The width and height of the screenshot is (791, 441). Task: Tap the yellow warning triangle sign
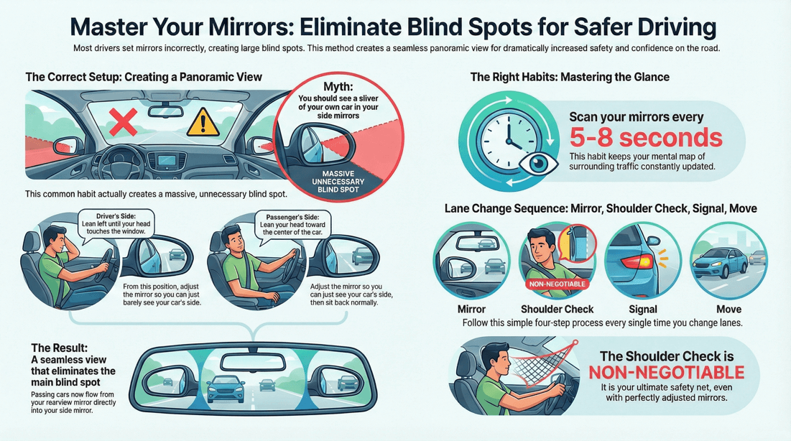tap(203, 124)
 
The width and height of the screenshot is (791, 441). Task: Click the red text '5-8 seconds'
tap(645, 136)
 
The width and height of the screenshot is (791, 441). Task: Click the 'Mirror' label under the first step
tap(471, 310)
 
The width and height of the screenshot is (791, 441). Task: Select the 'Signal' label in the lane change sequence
tap(642, 310)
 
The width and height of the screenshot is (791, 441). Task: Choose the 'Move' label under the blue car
tap(728, 310)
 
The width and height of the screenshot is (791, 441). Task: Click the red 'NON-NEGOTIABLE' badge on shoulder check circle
tap(558, 284)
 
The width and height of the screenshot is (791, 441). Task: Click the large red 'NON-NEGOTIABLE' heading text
tap(666, 373)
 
